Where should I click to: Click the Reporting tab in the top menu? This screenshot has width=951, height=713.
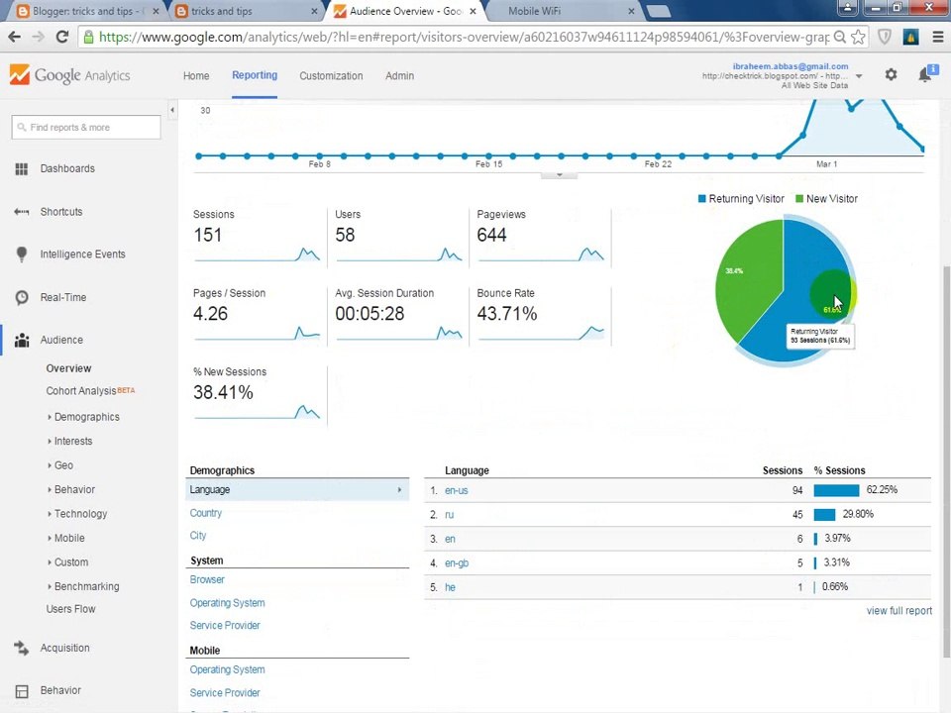click(254, 75)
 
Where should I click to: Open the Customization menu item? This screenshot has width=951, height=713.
click(331, 76)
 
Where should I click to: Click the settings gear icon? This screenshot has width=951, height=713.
click(891, 75)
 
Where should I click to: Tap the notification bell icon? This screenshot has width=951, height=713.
click(924, 75)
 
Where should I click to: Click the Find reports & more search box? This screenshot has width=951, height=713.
click(86, 128)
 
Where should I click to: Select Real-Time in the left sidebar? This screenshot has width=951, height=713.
click(62, 297)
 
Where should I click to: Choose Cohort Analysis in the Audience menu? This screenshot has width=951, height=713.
click(81, 391)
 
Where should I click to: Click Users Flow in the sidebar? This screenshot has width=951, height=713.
click(70, 609)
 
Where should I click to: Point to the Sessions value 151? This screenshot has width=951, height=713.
click(208, 235)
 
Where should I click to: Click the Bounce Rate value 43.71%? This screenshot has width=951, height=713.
click(506, 314)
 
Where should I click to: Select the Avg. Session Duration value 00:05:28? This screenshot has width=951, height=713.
click(370, 314)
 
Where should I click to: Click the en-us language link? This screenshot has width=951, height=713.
click(456, 490)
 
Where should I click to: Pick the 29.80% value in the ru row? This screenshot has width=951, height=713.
click(857, 514)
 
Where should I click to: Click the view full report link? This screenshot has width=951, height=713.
click(898, 611)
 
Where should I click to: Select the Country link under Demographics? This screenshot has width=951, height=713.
click(206, 513)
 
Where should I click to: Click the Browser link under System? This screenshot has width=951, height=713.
click(207, 579)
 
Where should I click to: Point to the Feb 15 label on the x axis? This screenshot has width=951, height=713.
click(488, 164)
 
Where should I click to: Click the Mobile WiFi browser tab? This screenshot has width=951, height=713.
click(534, 11)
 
